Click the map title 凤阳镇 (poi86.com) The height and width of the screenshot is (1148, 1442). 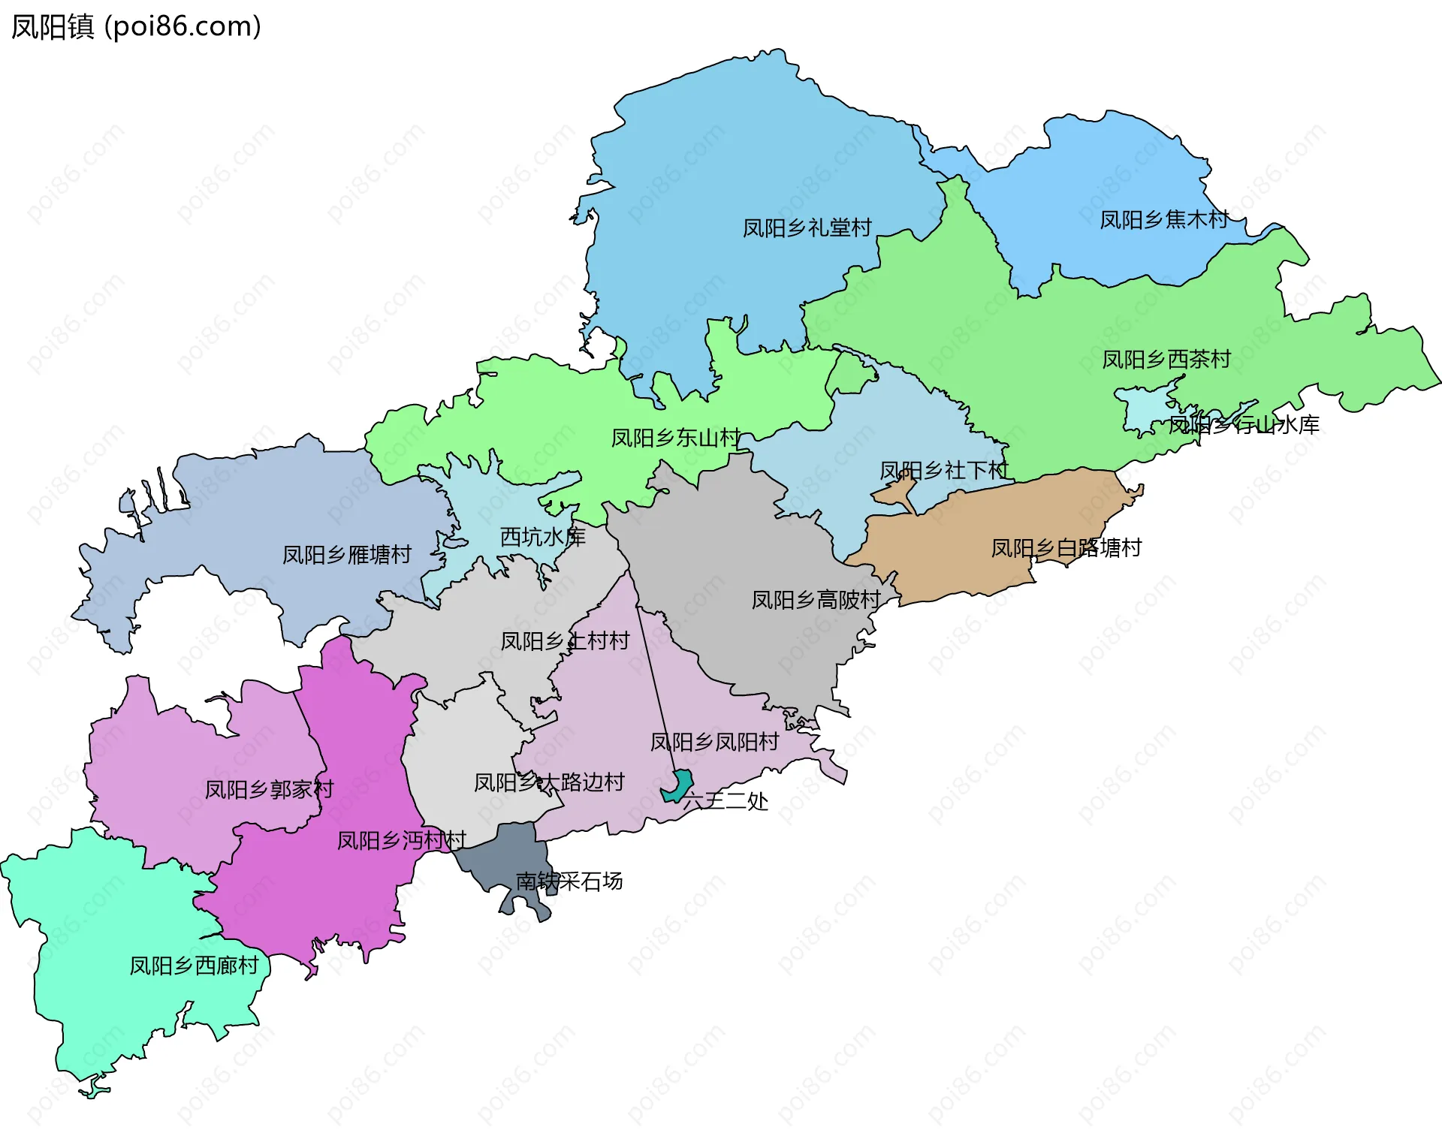(136, 26)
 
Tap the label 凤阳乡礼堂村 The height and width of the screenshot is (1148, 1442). (807, 227)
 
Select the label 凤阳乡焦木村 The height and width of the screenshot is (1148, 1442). (1163, 219)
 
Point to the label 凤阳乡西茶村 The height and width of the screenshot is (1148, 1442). (1166, 359)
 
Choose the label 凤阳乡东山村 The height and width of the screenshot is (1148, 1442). (675, 437)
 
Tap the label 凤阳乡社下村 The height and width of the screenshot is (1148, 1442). (943, 470)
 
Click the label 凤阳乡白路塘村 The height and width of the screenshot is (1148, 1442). (1066, 547)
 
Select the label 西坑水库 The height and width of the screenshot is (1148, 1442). (542, 536)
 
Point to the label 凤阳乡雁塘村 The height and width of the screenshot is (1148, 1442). (346, 554)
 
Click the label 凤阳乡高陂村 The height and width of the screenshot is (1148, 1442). (816, 599)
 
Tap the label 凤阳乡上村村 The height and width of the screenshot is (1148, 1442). (565, 640)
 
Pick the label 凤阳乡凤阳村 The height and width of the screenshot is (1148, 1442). (714, 742)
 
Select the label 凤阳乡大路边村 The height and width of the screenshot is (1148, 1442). (549, 782)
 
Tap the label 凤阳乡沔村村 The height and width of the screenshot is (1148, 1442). (401, 839)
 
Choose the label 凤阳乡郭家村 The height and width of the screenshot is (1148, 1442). (269, 789)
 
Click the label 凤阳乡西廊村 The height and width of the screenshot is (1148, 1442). (194, 965)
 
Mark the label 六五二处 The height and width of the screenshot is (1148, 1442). (726, 800)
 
